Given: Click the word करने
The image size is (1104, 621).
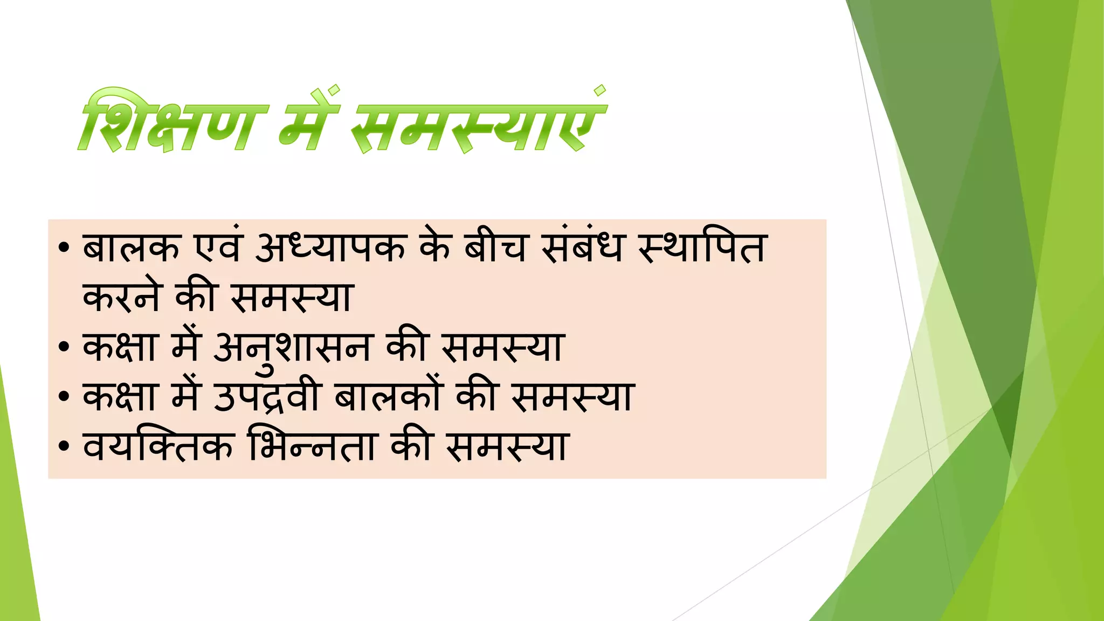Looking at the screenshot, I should pos(122,298).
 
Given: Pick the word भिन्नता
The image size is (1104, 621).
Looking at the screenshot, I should pos(312,446).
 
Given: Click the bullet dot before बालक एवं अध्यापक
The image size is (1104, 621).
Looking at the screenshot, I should pos(64,249).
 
